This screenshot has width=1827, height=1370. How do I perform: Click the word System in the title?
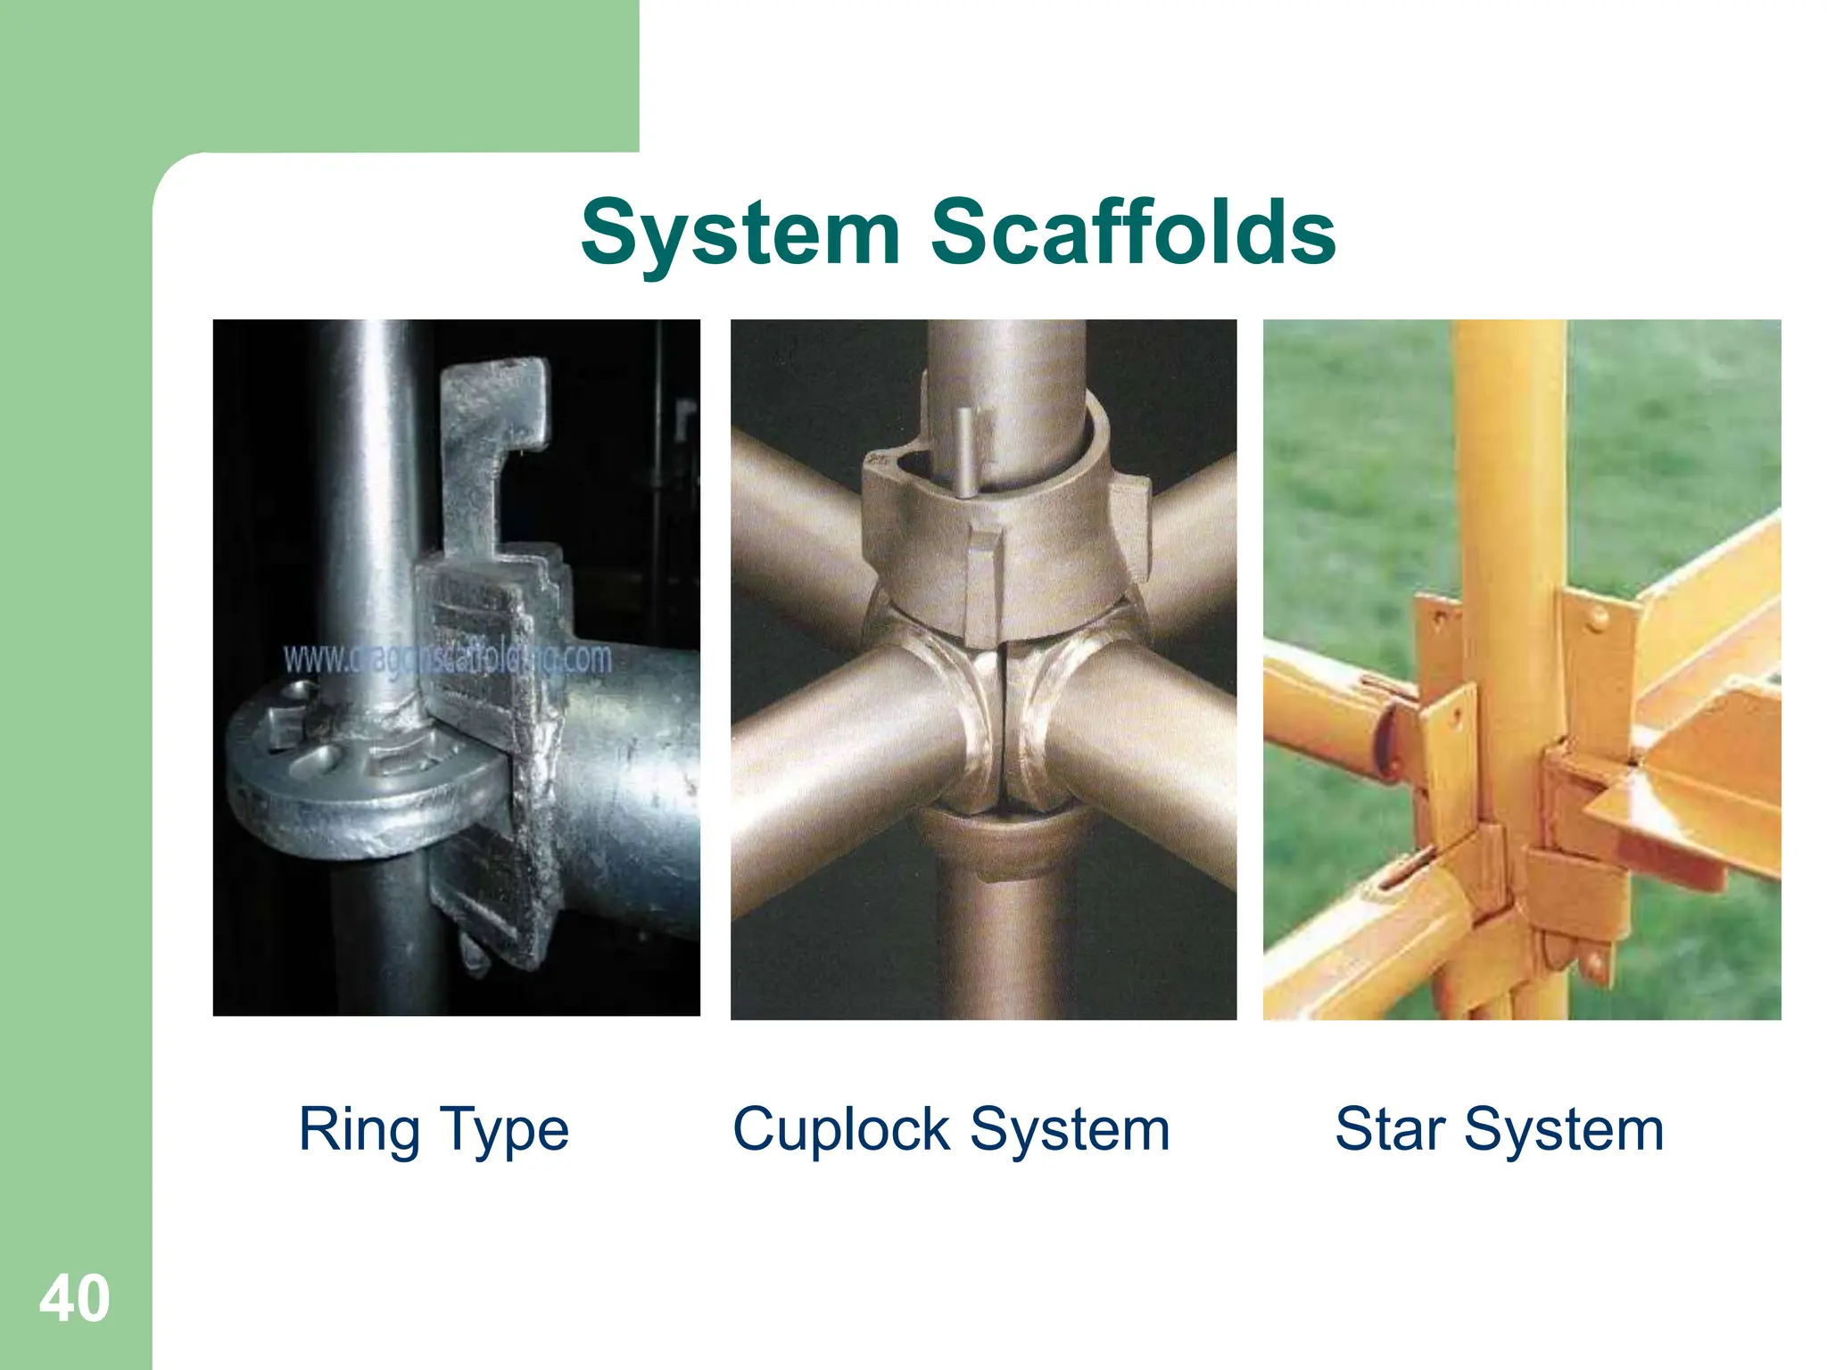[x=740, y=234]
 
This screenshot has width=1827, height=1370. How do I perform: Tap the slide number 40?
[x=74, y=1299]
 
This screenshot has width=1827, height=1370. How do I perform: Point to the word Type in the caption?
[x=504, y=1131]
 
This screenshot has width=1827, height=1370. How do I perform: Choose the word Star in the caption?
[x=1390, y=1130]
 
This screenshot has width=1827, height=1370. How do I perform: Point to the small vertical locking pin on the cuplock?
[x=963, y=450]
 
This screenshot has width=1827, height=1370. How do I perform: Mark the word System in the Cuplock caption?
[x=1070, y=1130]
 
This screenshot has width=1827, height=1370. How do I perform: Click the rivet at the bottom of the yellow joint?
[x=1594, y=963]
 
